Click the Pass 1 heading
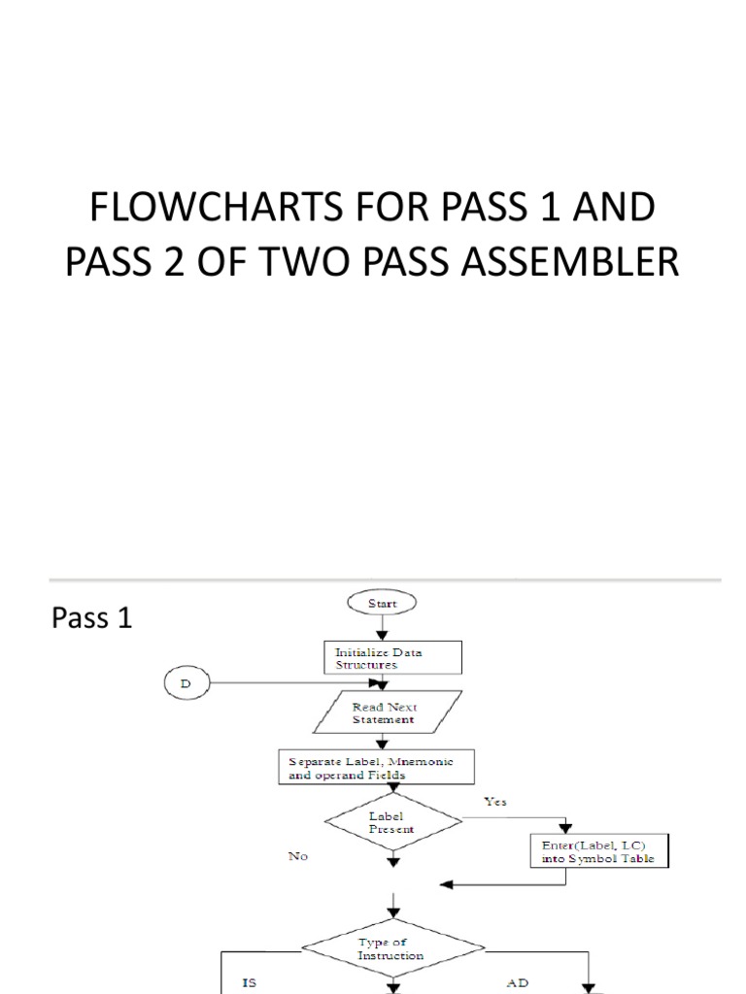coord(91,618)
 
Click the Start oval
coord(382,603)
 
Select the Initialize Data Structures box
coord(392,659)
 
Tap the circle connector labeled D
coord(186,683)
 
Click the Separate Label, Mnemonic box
coord(378,768)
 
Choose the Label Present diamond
coord(391,823)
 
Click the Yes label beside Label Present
coord(494,802)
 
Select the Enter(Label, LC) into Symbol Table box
coord(597,851)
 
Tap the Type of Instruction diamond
coord(391,948)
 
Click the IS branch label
coord(250,983)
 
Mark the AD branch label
coord(519,983)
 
